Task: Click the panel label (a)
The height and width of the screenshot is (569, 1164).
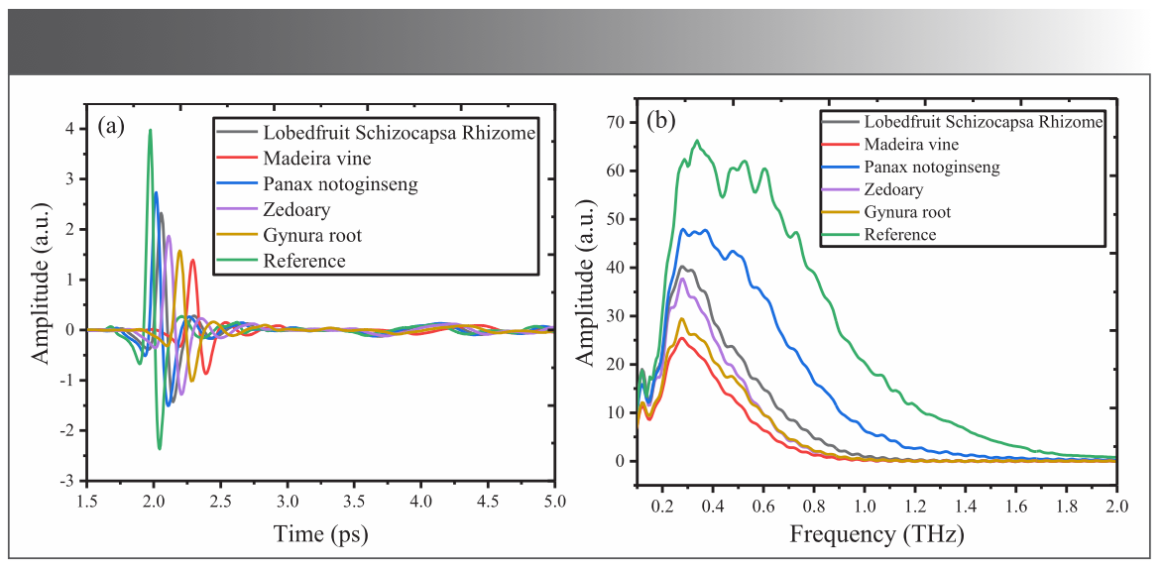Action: coord(110,126)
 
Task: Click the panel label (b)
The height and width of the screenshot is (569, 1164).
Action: coord(660,122)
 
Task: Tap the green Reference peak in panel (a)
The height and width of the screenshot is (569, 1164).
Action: coord(150,130)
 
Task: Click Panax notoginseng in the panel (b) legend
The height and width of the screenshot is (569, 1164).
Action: coord(931,168)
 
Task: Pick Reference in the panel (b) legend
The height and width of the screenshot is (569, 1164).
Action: coord(899,235)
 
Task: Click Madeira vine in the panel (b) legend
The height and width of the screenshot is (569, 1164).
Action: coord(906,145)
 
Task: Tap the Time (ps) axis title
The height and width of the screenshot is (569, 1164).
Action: coord(320,535)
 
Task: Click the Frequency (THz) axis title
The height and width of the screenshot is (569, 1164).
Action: coord(875,535)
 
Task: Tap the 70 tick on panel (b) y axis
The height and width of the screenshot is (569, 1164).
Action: coord(619,122)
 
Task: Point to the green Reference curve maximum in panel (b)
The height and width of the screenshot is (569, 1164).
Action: coord(696,141)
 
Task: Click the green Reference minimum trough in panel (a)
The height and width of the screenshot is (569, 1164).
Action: coord(159,448)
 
